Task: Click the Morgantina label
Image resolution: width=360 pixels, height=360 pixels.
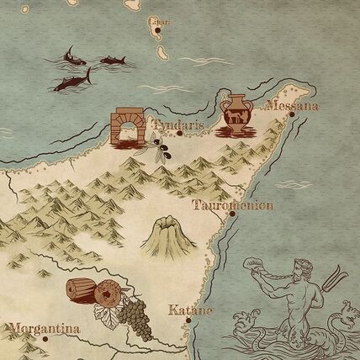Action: point(44,328)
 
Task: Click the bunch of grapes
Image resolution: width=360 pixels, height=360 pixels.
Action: point(135,318)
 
